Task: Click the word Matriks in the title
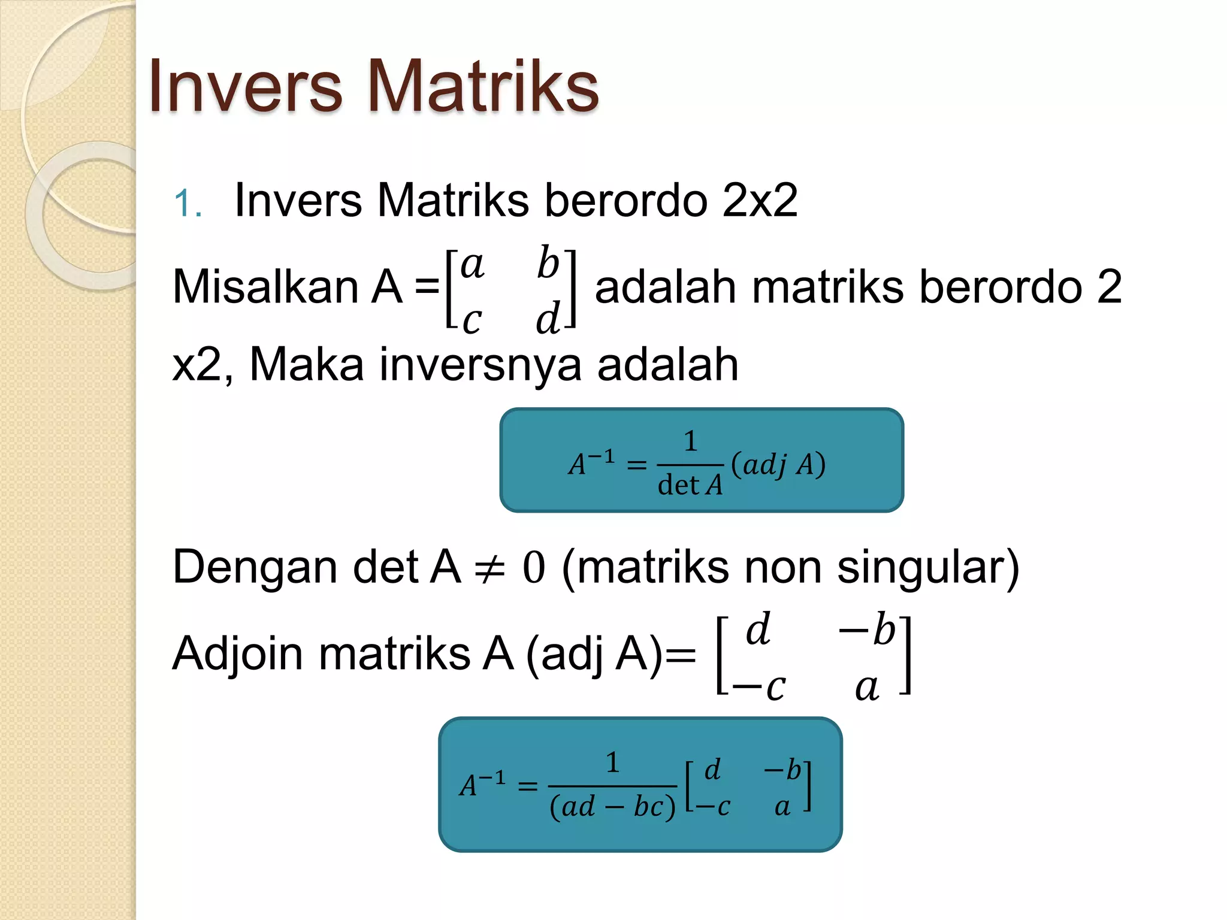tap(482, 86)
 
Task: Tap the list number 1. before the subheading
tap(187, 204)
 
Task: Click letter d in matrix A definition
tap(548, 318)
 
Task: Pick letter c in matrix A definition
tap(472, 320)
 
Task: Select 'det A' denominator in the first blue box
tap(690, 485)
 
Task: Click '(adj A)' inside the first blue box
tap(778, 464)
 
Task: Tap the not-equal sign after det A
tap(489, 568)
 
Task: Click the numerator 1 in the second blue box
tap(612, 762)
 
